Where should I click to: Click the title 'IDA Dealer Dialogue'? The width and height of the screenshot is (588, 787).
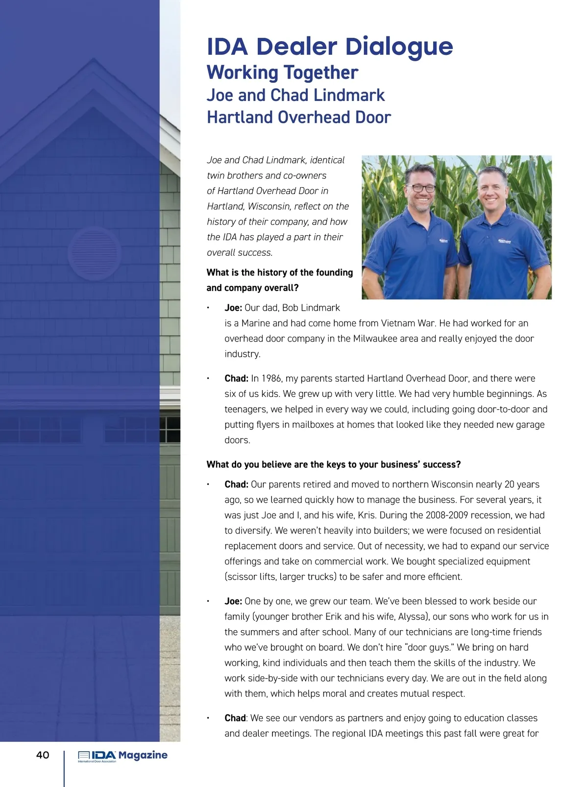point(330,47)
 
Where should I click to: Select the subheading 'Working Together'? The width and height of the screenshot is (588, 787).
point(282,73)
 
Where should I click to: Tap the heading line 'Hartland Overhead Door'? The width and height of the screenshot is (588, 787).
point(298,118)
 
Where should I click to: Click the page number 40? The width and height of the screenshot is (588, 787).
point(43,755)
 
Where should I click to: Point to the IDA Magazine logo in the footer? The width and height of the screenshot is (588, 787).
point(122,756)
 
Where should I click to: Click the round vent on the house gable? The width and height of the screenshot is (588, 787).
point(94,253)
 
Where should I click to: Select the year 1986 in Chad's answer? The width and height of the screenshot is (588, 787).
point(271,378)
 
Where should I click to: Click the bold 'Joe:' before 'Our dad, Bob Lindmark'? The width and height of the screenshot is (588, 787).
point(233,308)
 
